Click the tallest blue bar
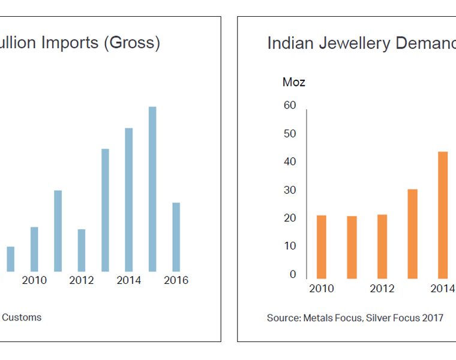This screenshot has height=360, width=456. [152, 189]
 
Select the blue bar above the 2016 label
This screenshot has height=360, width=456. [176, 237]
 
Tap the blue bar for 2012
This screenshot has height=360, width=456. [82, 250]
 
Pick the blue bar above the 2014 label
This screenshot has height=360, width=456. [129, 200]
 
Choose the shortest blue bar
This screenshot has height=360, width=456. [11, 259]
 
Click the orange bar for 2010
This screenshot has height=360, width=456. [322, 247]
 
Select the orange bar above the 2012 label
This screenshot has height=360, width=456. [382, 246]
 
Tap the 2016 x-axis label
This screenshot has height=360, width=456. [176, 280]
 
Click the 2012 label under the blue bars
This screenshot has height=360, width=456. [82, 280]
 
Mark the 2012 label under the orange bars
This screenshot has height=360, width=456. [382, 289]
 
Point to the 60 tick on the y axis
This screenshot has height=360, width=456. [289, 106]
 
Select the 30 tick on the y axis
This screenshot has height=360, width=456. [289, 190]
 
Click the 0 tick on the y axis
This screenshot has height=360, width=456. [293, 275]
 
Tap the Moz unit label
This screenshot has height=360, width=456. [294, 82]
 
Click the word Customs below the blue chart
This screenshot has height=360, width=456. [22, 317]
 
